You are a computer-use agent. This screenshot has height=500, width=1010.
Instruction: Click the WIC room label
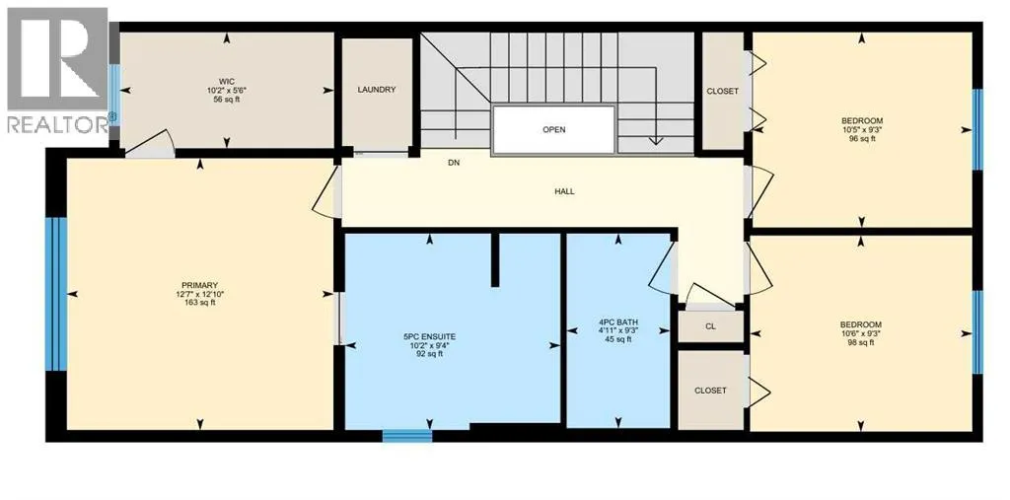(226, 82)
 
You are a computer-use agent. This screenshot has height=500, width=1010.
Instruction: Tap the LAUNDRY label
(376, 90)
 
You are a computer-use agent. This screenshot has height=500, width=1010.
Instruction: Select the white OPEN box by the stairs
(553, 129)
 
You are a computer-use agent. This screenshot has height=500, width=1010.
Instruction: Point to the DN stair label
(454, 163)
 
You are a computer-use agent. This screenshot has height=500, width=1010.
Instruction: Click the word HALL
(564, 191)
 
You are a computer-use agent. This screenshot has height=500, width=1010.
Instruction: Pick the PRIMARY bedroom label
(199, 285)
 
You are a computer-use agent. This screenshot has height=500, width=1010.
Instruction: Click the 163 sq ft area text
(199, 302)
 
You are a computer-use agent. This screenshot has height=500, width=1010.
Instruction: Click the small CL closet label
(710, 326)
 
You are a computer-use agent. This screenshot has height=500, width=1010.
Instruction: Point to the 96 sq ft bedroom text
(862, 138)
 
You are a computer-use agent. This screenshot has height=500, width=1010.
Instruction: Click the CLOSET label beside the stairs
(723, 92)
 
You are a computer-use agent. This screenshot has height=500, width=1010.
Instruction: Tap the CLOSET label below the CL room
(710, 391)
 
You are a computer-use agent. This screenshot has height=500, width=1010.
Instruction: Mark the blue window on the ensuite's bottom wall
(407, 436)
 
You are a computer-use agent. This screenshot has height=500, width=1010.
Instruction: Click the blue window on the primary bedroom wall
(56, 294)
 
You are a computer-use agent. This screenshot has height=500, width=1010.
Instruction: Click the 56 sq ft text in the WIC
(226, 100)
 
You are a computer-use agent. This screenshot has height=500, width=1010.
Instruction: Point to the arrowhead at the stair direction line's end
(656, 140)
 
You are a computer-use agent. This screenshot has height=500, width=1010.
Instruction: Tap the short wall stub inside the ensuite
(495, 259)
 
